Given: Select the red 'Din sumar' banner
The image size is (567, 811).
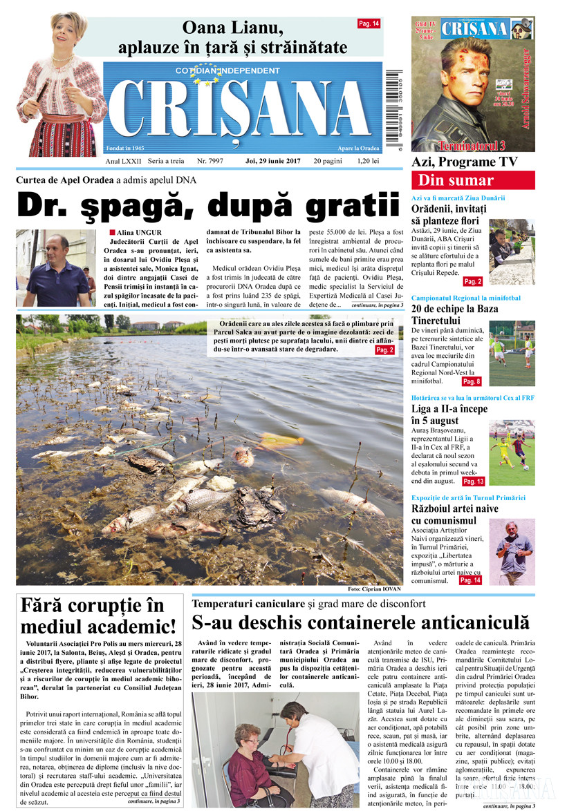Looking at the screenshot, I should pyautogui.click(x=473, y=181).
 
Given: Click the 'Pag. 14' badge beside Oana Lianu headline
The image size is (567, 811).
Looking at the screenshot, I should pyautogui.click(x=369, y=23).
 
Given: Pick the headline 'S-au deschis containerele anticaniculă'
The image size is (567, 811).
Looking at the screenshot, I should pyautogui.click(x=360, y=622).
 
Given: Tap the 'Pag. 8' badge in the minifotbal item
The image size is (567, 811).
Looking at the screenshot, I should pyautogui.click(x=472, y=381).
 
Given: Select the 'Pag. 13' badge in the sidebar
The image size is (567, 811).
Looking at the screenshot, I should pyautogui.click(x=474, y=481).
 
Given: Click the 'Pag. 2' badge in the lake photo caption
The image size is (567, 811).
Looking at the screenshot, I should pyautogui.click(x=384, y=350).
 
